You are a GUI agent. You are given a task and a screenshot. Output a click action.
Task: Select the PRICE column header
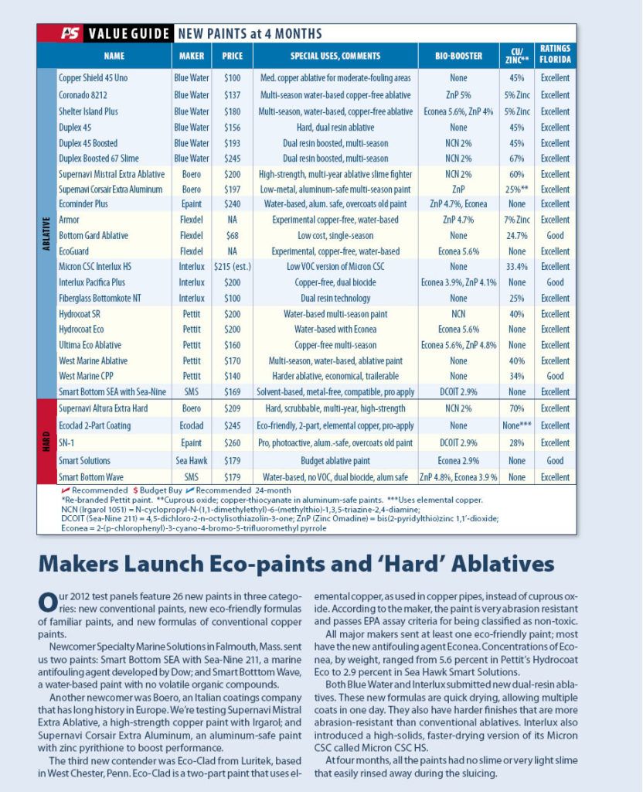(x=233, y=56)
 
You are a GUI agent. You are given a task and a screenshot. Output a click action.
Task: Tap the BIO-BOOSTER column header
(x=458, y=56)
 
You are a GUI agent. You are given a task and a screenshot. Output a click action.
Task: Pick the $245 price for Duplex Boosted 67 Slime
(x=233, y=159)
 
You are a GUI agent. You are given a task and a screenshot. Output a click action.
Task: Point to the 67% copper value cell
(x=517, y=159)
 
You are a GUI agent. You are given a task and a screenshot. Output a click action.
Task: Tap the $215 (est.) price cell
(x=233, y=267)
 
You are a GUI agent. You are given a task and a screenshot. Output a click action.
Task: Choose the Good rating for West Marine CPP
(x=555, y=376)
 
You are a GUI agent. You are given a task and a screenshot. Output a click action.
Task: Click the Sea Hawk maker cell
(x=192, y=461)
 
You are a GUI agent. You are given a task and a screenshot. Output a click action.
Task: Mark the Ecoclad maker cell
(x=192, y=425)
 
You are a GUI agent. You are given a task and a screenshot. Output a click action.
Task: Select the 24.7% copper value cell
(x=517, y=235)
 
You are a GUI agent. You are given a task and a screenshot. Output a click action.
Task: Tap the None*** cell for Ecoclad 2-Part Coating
(x=517, y=425)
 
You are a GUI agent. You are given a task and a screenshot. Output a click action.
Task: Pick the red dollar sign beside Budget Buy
(x=136, y=490)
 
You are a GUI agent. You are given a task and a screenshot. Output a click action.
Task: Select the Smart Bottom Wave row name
(x=91, y=477)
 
